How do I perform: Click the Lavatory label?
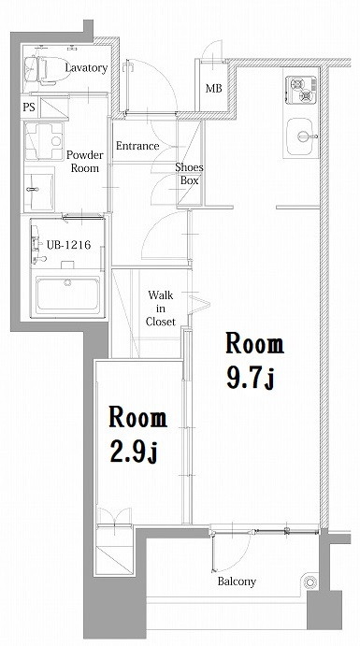coord(86,68)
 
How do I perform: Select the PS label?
coord(29,108)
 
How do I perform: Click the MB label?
coord(213,89)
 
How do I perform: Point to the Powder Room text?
coord(83,162)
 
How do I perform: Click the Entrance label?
coord(137,146)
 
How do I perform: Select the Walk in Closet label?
coord(160,309)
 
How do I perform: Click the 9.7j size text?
coord(249,380)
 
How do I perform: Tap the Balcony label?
coord(237,581)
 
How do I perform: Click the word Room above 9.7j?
coord(252,343)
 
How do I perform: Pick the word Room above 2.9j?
coord(137,416)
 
